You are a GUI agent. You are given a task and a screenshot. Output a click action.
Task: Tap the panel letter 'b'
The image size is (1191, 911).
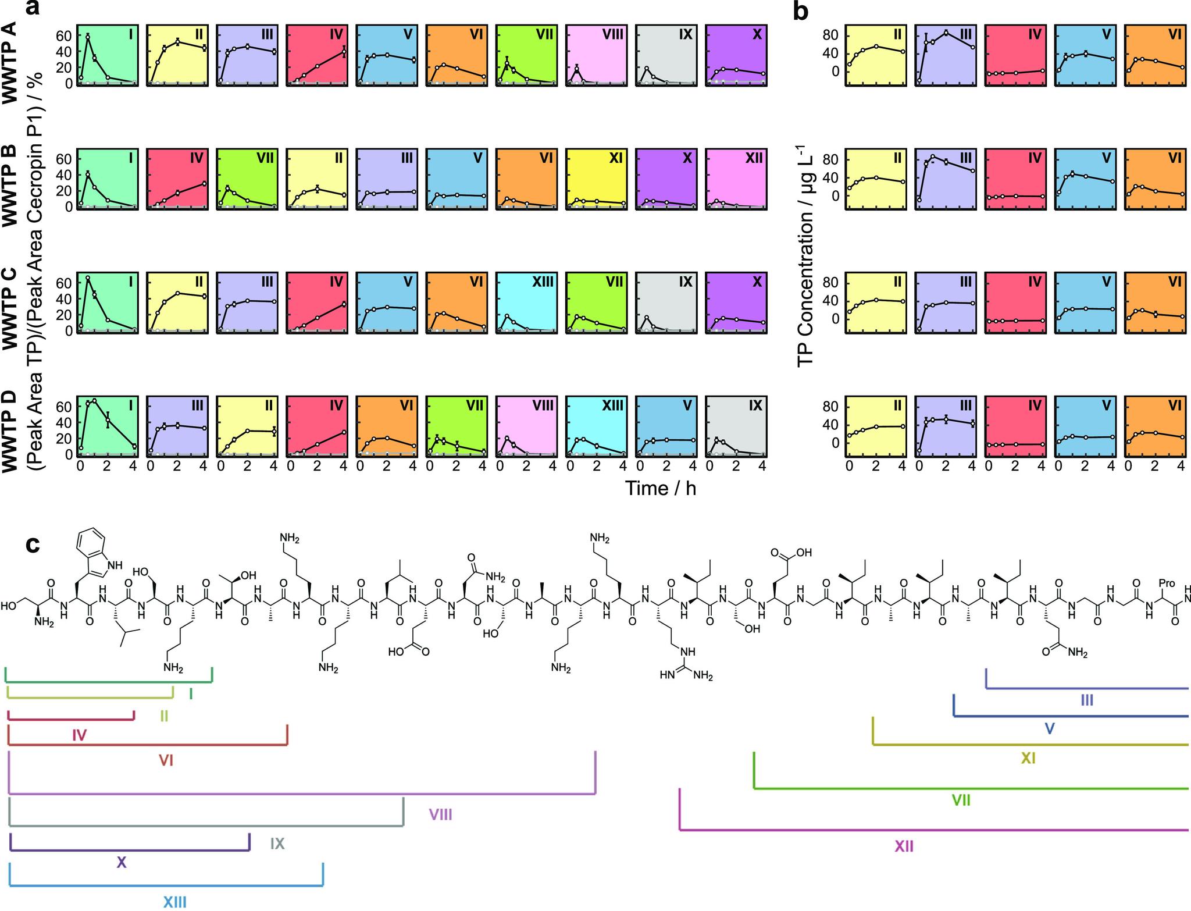[x=801, y=10]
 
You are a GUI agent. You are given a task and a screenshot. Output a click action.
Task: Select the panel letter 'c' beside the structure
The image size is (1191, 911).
[x=33, y=545]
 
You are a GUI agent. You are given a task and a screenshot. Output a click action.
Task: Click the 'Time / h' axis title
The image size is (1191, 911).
[x=660, y=488]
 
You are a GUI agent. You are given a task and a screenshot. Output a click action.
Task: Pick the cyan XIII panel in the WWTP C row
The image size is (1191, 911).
[x=526, y=303]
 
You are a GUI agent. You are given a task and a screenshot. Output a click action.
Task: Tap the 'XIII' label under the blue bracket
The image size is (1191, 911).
[x=174, y=902]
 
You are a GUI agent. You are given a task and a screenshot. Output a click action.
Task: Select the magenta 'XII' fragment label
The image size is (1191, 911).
[x=903, y=846]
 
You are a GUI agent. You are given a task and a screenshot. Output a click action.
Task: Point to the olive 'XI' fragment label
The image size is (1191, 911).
[x=1028, y=758]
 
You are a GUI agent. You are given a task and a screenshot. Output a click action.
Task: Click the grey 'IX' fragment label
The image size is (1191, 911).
[x=277, y=844]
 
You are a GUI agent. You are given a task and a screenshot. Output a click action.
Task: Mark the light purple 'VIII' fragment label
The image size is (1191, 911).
[x=440, y=814]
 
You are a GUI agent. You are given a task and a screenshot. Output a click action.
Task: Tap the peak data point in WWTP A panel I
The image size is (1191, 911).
[x=88, y=37]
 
